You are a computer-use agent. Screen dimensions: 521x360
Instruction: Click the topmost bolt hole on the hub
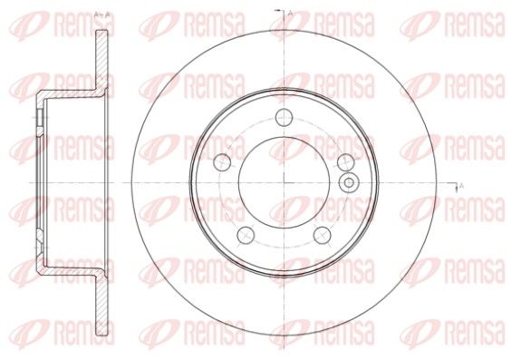(284, 117)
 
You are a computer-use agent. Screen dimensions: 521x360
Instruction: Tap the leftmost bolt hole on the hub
(222, 162)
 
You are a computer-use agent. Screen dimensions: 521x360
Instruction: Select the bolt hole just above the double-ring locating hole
(345, 162)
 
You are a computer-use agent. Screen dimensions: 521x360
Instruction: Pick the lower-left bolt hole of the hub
(246, 235)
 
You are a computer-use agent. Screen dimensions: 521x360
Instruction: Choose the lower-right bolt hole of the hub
(323, 235)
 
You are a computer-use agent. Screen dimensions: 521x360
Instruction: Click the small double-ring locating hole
(349, 182)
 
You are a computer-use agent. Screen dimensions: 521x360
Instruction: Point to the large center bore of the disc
(284, 182)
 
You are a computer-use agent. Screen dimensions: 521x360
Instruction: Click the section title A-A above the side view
(102, 15)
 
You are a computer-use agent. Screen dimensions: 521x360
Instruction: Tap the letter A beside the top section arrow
(290, 14)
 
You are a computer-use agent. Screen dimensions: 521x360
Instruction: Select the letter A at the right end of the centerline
(461, 186)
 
